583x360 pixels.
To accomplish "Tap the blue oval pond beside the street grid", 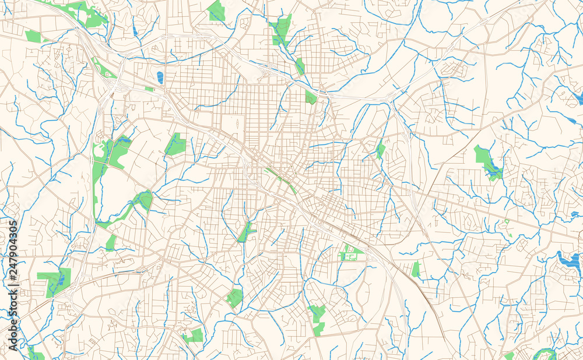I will pyautogui.click(x=160, y=77).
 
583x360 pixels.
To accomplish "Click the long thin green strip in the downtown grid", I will pyautogui.click(x=281, y=179).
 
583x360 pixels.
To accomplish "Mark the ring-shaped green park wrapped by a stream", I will pyautogui.click(x=546, y=353).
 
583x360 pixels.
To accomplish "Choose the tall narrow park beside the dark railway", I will pyautogui.click(x=416, y=269).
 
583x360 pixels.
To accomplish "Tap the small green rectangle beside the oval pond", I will pyautogui.click(x=149, y=89).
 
